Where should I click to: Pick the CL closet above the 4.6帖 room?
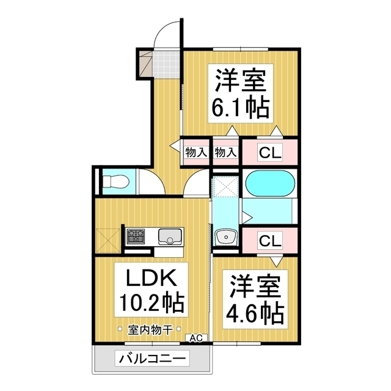[x=270, y=241]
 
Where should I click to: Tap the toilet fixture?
[x=114, y=182]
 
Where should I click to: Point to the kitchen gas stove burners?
[x=137, y=235]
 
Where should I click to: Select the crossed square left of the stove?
[x=108, y=237]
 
